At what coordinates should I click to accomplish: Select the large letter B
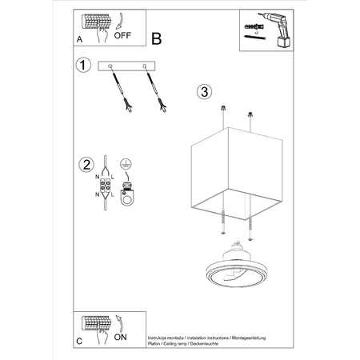[157, 38]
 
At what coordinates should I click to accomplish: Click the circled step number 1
[82, 65]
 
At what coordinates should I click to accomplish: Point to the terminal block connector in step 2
[103, 189]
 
